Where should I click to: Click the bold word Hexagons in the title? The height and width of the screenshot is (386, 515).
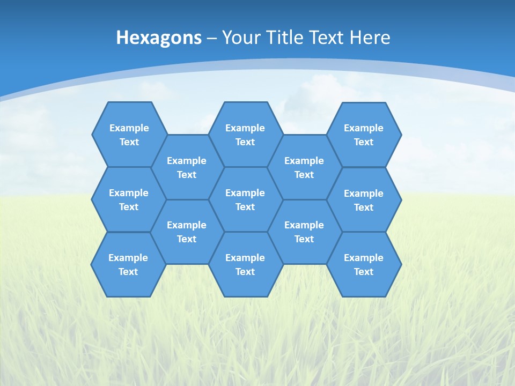pos(159,38)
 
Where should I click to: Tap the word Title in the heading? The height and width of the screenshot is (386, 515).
pos(287,38)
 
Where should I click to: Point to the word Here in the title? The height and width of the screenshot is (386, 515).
pos(370,38)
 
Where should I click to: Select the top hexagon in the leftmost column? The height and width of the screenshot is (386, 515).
pos(129,135)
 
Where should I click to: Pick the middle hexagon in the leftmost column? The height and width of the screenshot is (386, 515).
pos(129,199)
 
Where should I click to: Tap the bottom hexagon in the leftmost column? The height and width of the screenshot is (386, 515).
pos(128,264)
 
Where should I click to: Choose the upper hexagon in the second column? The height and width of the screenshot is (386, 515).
pos(187,167)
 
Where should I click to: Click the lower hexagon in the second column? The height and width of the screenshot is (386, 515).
pos(187,232)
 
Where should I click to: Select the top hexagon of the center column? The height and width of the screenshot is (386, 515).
pos(245,135)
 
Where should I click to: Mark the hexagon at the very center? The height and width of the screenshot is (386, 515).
pos(245,199)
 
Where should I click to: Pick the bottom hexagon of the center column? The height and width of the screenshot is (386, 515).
pos(245,264)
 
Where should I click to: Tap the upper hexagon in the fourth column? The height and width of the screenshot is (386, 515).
pos(304,167)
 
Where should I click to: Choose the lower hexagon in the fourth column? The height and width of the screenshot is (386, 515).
pos(304,232)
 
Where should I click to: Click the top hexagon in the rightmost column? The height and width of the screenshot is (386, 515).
pos(364,135)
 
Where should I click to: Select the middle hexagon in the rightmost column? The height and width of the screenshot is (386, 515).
pos(364,200)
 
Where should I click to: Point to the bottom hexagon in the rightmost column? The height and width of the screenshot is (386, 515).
pos(364,264)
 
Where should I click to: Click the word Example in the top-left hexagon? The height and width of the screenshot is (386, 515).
pos(129,128)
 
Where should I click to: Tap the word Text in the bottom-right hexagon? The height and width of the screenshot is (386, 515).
pos(364,272)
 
